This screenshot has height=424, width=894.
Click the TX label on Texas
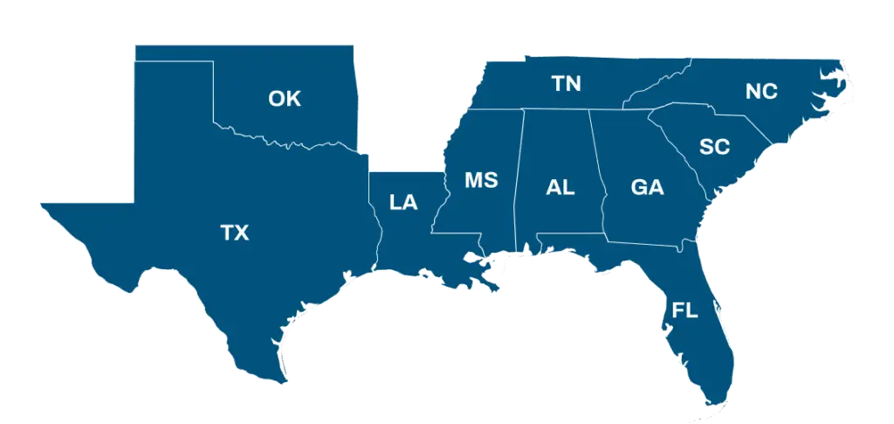[x=234, y=233]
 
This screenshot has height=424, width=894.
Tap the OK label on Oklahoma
[x=285, y=99]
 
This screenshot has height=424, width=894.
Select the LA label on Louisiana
[x=403, y=203]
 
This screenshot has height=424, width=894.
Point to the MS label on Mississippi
[x=481, y=180]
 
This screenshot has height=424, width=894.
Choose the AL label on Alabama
[x=560, y=187]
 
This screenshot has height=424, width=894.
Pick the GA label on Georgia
[x=647, y=187]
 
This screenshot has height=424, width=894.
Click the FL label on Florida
[x=684, y=310]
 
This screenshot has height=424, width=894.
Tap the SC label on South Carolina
[x=714, y=147]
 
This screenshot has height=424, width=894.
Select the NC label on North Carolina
[x=761, y=91]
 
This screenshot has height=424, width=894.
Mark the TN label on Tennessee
[x=567, y=84]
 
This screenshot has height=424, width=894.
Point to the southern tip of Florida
[x=718, y=403]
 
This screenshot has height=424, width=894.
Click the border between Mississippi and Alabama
[x=519, y=175]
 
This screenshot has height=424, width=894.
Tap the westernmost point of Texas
[x=41, y=204]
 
